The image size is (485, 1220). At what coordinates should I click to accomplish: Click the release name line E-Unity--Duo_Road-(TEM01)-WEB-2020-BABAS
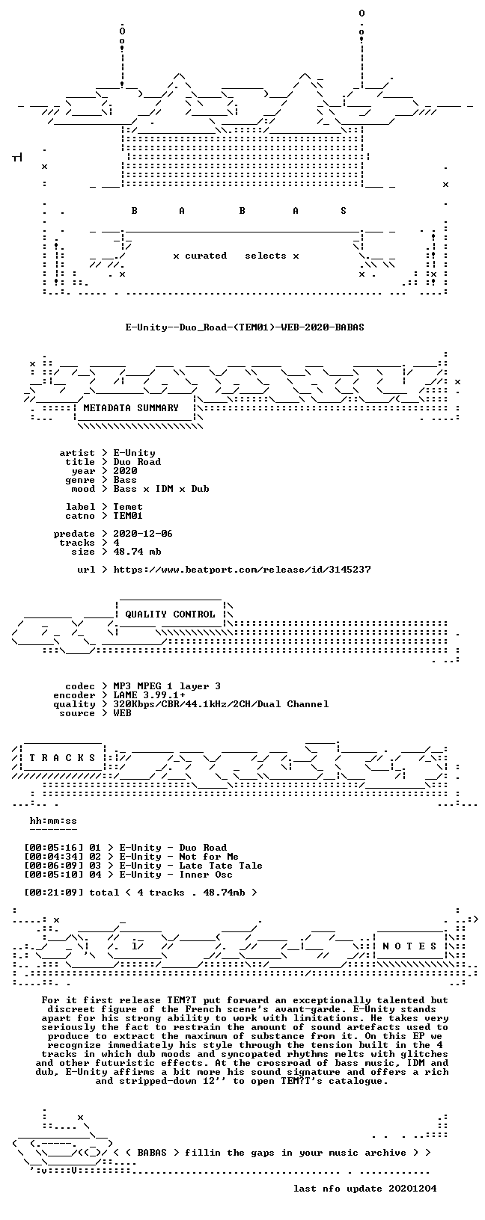pyautogui.click(x=245, y=327)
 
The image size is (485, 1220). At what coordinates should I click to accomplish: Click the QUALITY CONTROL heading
pyautogui.click(x=170, y=614)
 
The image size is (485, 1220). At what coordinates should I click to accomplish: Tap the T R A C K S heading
pyautogui.click(x=62, y=757)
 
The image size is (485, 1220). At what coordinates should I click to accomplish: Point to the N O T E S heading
pyautogui.click(x=409, y=946)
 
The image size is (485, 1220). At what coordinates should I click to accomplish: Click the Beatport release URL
pyautogui.click(x=242, y=570)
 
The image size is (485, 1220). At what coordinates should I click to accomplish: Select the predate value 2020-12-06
pyautogui.click(x=143, y=534)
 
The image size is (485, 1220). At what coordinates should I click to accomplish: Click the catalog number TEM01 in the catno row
pyautogui.click(x=128, y=516)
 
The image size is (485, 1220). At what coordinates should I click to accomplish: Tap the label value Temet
pyautogui.click(x=128, y=507)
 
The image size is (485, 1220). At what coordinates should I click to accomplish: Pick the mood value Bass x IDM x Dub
pyautogui.click(x=161, y=489)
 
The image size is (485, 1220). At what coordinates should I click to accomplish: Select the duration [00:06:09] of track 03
pyautogui.click(x=54, y=866)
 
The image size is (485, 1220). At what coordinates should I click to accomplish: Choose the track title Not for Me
pyautogui.click(x=208, y=857)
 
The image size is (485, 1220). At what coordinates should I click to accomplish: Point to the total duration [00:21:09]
pyautogui.click(x=54, y=892)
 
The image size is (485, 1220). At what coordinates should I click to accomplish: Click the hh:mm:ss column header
pyautogui.click(x=53, y=821)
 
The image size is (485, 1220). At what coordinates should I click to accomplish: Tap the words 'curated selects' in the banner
pyautogui.click(x=236, y=256)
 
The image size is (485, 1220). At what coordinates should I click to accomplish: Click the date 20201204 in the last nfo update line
pyautogui.click(x=412, y=1189)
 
